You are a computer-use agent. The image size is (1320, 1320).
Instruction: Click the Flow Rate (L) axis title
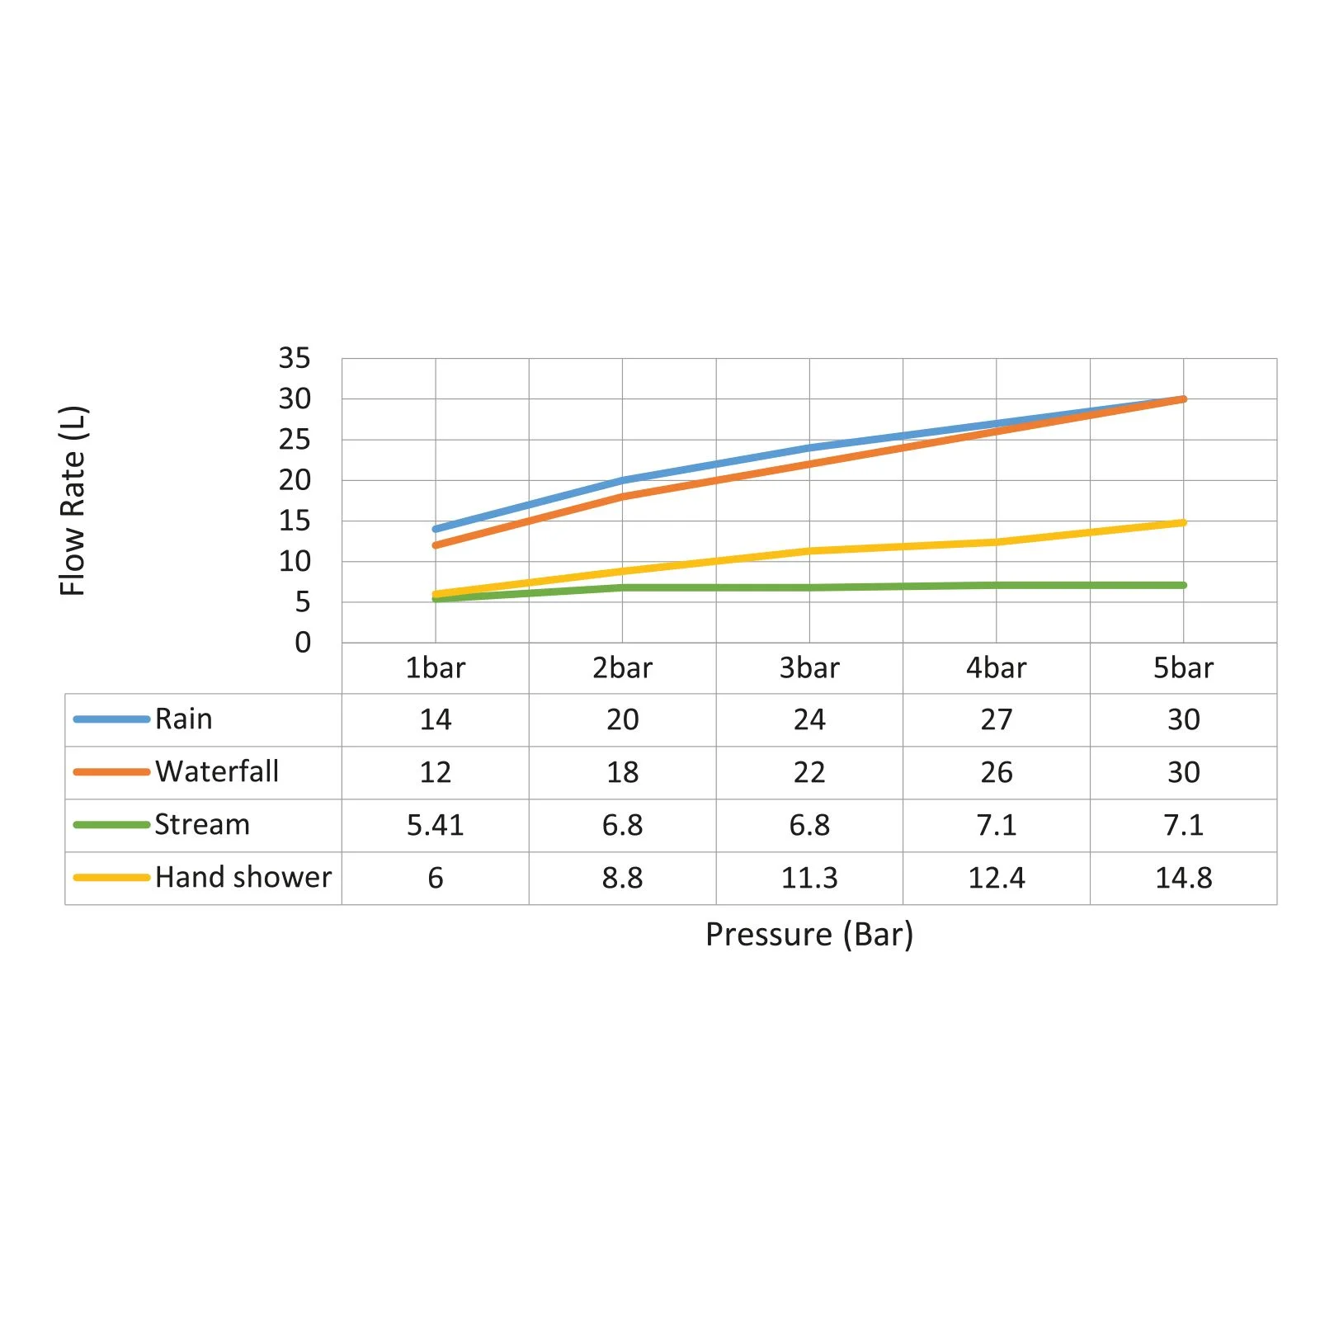pyautogui.click(x=73, y=500)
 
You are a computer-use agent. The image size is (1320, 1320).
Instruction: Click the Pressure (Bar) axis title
pyautogui.click(x=808, y=934)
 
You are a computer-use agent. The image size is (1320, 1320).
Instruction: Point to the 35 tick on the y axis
pyautogui.click(x=295, y=358)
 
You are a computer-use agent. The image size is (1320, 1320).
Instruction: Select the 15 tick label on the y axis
pyautogui.click(x=295, y=521)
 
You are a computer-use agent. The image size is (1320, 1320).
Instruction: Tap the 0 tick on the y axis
pyautogui.click(x=303, y=642)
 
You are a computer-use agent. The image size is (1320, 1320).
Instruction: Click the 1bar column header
pyautogui.click(x=435, y=667)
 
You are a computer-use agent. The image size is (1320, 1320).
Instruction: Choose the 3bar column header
pyautogui.click(x=808, y=667)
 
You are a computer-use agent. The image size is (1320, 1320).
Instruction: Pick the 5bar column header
pyautogui.click(x=1183, y=667)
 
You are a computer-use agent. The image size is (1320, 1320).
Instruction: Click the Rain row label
pyautogui.click(x=183, y=719)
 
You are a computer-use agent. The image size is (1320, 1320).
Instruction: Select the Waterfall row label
pyautogui.click(x=216, y=771)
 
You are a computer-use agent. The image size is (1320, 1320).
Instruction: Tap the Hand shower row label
pyautogui.click(x=243, y=877)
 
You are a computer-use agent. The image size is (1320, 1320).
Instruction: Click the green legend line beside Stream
pyautogui.click(x=111, y=824)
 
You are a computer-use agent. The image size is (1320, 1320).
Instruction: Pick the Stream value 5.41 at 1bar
pyautogui.click(x=435, y=824)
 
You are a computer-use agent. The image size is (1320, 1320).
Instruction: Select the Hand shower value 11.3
pyautogui.click(x=808, y=877)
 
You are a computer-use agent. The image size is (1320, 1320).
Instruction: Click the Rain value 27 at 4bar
pyautogui.click(x=996, y=719)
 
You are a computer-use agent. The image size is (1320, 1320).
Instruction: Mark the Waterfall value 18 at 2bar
pyautogui.click(x=622, y=771)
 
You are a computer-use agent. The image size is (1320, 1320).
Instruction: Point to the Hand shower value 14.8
pyautogui.click(x=1183, y=877)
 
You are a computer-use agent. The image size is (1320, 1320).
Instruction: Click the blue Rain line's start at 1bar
pyautogui.click(x=436, y=529)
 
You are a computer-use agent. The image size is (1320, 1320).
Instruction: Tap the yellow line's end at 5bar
pyautogui.click(x=1183, y=522)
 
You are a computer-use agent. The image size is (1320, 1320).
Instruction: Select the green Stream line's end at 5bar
pyautogui.click(x=1183, y=585)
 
